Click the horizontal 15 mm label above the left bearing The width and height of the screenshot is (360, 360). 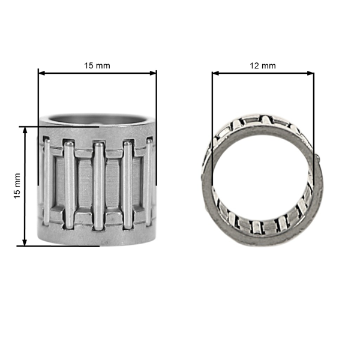(97, 65)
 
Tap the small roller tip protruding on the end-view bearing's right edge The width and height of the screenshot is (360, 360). (319, 158)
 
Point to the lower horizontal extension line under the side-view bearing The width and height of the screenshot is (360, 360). (60, 245)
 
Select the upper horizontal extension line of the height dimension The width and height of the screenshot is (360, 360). (60, 127)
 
